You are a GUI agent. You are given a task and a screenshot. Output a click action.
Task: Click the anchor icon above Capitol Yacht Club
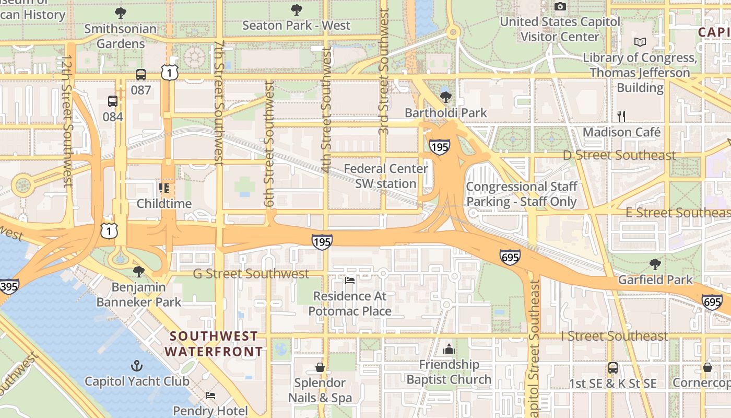pos(137,365)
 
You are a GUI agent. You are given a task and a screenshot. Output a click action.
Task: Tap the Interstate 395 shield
pos(9,286)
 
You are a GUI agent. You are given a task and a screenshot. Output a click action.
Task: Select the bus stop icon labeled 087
pos(141,75)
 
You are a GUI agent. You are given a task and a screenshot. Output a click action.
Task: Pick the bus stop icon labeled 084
pos(113,101)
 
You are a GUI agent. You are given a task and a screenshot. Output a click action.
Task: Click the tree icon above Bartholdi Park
pos(446,97)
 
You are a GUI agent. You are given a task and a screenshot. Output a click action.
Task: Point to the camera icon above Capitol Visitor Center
pos(560,6)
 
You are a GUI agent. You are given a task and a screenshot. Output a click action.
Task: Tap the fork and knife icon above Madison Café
pos(621,116)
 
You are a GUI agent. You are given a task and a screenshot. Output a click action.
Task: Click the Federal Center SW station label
pos(386,176)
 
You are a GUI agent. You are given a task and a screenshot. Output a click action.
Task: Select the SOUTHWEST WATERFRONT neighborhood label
pos(214,344)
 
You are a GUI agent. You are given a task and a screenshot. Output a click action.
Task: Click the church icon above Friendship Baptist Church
pos(449,349)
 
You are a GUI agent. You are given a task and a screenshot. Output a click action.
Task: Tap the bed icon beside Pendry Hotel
pos(210,395)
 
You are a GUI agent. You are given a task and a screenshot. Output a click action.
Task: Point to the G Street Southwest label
pos(251,274)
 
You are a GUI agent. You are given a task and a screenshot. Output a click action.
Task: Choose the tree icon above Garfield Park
pos(655,264)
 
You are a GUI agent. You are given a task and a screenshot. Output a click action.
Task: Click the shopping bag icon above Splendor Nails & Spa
pos(320,367)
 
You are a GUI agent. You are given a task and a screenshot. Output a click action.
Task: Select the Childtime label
pos(164,203)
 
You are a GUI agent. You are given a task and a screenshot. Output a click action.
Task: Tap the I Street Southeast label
pos(615,336)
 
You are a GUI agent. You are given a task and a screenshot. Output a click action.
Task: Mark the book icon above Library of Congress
pos(640,42)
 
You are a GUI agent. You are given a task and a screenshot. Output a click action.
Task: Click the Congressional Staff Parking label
pos(521,194)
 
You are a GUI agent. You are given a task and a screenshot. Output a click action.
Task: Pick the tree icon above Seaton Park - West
pos(297,9)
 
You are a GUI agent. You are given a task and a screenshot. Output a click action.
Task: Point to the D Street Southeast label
pos(619,155)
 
